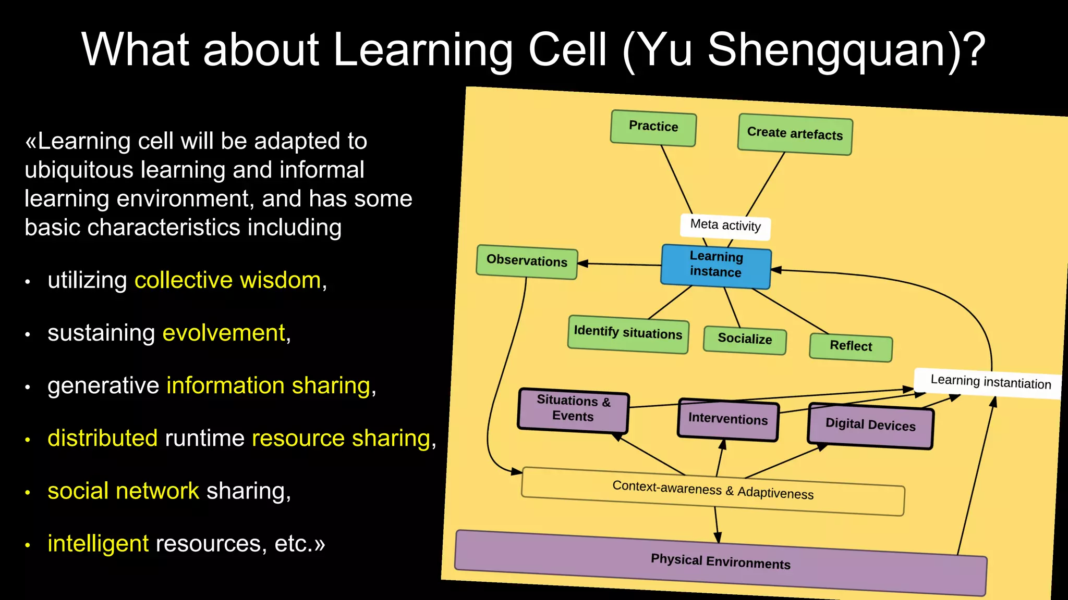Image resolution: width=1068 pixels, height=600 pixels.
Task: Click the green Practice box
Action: [x=653, y=128]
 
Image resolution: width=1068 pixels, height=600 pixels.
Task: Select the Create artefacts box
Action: [x=795, y=134]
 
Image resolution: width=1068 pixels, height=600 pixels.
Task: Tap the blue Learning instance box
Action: [x=715, y=266]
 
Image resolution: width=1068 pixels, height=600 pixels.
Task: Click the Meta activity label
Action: [x=725, y=226]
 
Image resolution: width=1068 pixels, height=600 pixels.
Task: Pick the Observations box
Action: [x=527, y=261]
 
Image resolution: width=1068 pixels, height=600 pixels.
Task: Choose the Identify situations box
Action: [x=628, y=334]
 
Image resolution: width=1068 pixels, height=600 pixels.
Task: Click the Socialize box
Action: [x=745, y=340]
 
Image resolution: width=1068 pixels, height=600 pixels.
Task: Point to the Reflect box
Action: [x=851, y=347]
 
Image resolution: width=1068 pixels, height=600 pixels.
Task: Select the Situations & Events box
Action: [x=573, y=410]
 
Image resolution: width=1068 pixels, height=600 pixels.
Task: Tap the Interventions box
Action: [x=728, y=420]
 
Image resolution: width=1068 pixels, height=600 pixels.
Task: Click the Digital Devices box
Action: [x=870, y=426]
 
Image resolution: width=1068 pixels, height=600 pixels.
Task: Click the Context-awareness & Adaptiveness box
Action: [x=712, y=491]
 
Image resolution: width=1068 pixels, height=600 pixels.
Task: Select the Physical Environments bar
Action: [x=720, y=562]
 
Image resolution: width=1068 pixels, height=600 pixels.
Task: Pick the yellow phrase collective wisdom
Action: [x=227, y=281]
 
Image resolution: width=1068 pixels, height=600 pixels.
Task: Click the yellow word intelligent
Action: [x=98, y=544]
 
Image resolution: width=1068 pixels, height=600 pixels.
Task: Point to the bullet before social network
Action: [x=28, y=492]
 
